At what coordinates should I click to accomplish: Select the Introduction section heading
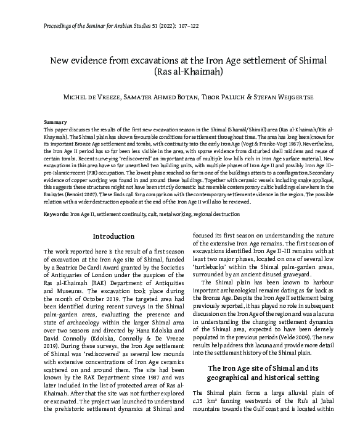(x=113, y=237)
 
